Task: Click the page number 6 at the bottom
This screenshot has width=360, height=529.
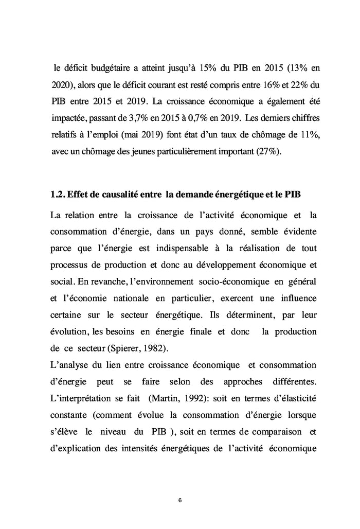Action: click(x=179, y=500)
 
